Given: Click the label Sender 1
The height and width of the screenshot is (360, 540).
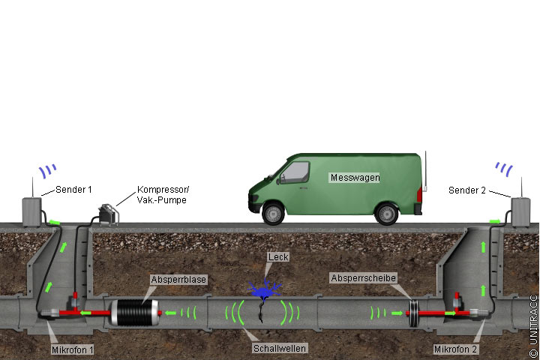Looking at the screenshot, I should pyautogui.click(x=73, y=190).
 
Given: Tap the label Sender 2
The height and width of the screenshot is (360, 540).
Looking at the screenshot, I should pyautogui.click(x=467, y=190).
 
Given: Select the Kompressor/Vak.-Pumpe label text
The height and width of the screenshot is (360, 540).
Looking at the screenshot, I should pyautogui.click(x=161, y=195).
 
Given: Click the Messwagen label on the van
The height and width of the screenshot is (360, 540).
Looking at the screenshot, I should pyautogui.click(x=354, y=178).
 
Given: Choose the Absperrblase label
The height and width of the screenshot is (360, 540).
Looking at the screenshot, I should pyautogui.click(x=178, y=280).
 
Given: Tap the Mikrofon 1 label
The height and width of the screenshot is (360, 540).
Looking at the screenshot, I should pyautogui.click(x=73, y=349).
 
